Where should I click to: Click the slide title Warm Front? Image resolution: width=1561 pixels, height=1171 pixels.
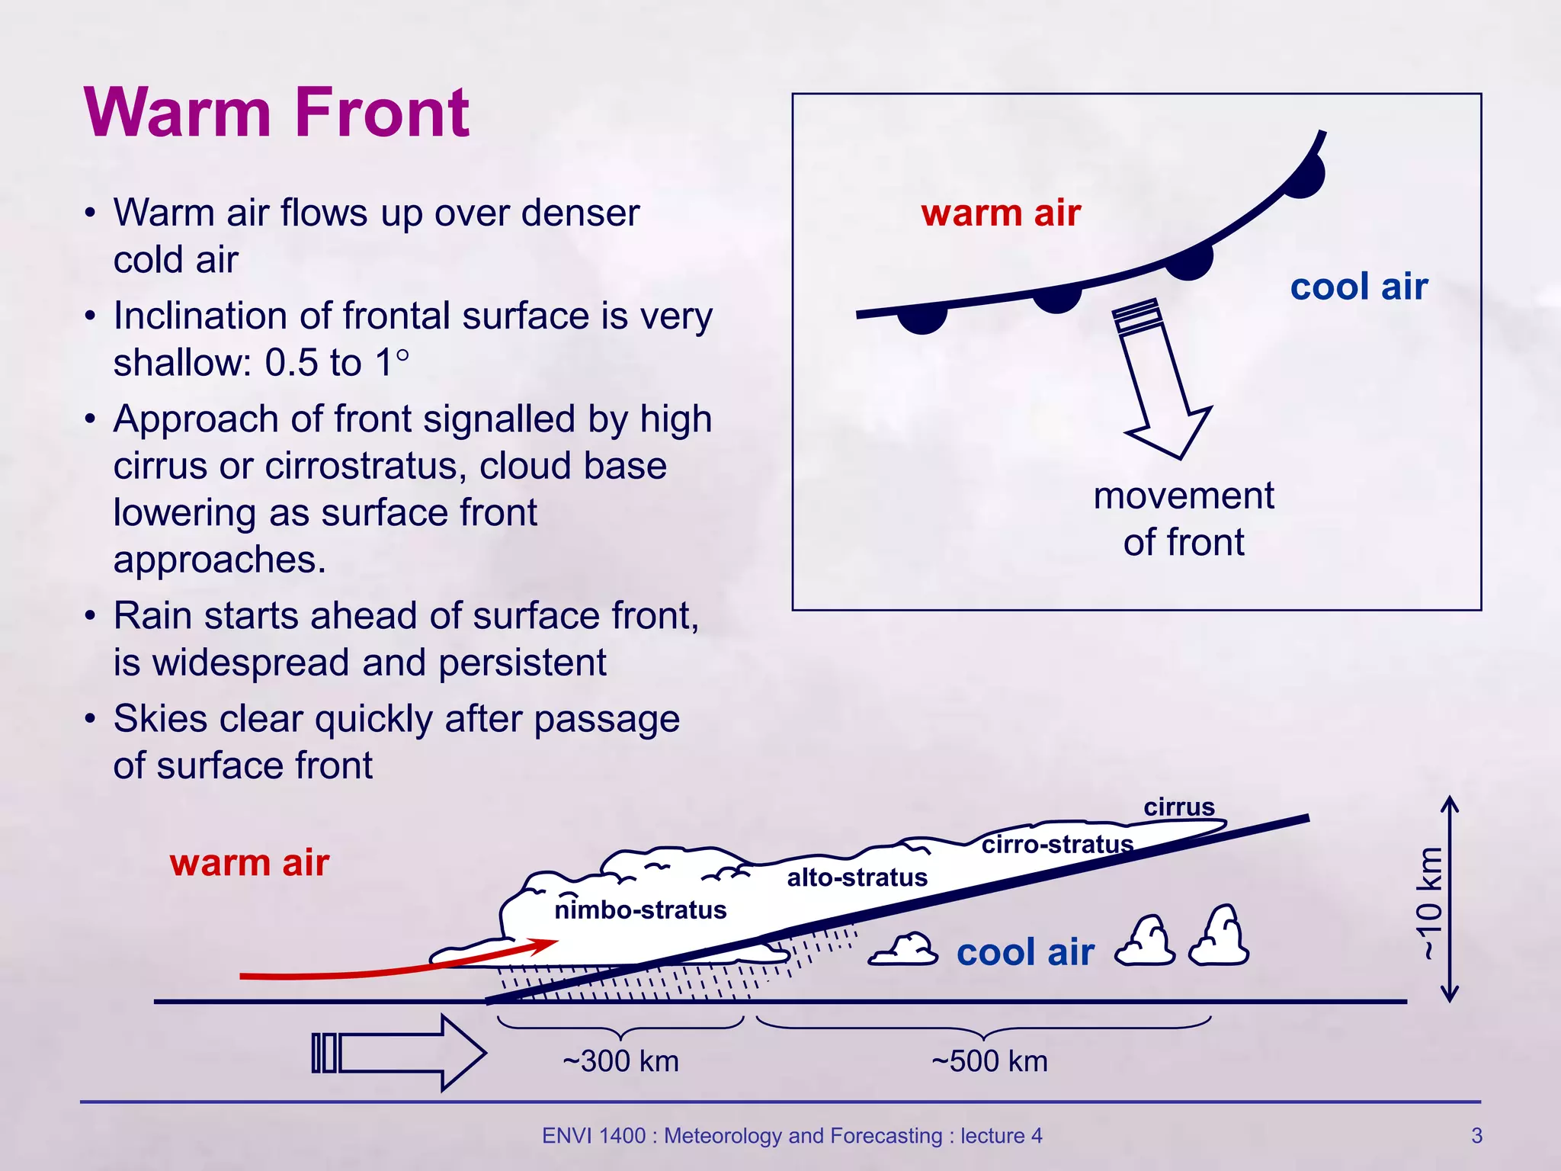coord(277,113)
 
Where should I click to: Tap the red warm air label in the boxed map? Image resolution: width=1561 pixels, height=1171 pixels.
coord(1001,213)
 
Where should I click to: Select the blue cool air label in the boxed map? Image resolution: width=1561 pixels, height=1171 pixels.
coord(1359,287)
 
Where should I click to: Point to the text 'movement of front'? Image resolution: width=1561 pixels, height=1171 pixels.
coord(1183,518)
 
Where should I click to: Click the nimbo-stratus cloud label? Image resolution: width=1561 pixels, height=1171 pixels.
coord(640,910)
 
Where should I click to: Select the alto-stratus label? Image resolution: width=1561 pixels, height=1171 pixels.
coord(857,877)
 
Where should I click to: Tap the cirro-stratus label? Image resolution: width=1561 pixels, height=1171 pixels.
coord(1057,844)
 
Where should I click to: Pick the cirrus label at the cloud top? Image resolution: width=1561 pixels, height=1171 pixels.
coord(1178,807)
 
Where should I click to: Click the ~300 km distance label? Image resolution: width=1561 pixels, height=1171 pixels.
coord(620,1061)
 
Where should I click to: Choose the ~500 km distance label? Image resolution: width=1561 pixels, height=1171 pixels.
coord(989,1061)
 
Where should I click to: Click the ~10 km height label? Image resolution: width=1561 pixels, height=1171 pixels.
coord(1430,903)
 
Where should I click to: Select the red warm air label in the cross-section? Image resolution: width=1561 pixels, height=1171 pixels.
coord(249,863)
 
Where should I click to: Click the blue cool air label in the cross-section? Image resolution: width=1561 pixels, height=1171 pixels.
coord(1025,952)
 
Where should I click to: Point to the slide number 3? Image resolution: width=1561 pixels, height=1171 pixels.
coord(1476,1136)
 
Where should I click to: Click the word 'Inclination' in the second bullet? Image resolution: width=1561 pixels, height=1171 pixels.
coord(199,316)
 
